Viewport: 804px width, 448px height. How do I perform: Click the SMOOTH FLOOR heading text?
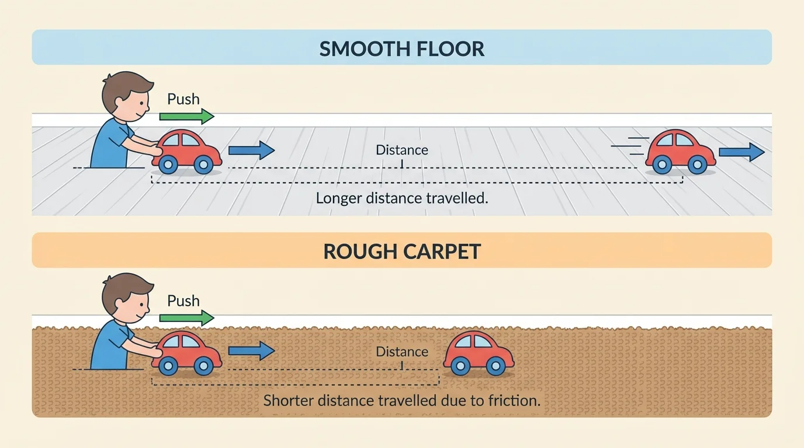[x=401, y=48]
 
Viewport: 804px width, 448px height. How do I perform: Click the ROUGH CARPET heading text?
[x=401, y=251]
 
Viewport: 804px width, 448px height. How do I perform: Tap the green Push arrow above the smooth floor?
[x=187, y=117]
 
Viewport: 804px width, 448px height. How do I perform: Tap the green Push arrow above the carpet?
[x=187, y=318]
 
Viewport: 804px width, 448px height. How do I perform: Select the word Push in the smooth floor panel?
[x=183, y=99]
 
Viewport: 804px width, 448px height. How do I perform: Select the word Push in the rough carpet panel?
[x=183, y=301]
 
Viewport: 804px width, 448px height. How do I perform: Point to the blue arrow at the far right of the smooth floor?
[x=741, y=152]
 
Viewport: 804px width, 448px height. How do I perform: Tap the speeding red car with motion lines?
[x=681, y=152]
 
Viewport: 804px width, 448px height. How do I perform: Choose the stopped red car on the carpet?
[x=479, y=353]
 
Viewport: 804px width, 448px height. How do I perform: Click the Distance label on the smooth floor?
[x=401, y=150]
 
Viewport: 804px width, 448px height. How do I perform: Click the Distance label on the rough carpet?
[x=401, y=352]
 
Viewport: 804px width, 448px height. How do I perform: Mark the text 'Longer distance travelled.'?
[x=401, y=198]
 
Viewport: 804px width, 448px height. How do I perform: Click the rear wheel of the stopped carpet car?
[x=460, y=366]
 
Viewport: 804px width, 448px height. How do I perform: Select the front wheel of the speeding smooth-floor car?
[x=697, y=165]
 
